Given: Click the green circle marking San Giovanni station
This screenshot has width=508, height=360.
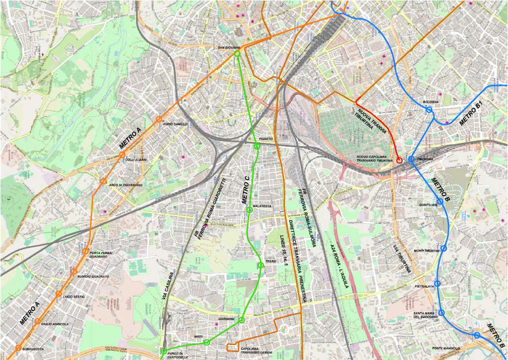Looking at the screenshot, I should point(237,53).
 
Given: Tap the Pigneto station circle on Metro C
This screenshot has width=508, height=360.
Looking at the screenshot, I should point(257,146).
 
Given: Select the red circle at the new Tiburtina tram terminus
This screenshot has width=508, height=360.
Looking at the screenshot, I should point(399,160).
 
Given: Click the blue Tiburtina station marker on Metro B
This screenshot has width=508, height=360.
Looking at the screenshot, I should point(411,159).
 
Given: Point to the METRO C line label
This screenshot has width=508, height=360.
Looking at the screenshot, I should point(246,189).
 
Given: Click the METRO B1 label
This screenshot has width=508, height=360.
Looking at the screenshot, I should point(472,113).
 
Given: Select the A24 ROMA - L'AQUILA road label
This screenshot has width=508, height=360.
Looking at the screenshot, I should point(339,267).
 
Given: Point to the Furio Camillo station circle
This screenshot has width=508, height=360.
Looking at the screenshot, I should point(159,119).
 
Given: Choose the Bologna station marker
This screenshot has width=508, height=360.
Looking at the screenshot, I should point(429,109).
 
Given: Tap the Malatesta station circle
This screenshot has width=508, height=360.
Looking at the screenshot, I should point(250,210).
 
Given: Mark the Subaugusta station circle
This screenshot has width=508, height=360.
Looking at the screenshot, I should point(18,348).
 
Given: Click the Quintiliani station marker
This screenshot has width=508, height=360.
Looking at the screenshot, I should point(440,201).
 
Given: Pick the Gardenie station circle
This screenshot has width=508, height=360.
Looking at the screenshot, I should point(242,320).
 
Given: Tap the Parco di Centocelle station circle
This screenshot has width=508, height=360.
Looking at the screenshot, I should point(164,351).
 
